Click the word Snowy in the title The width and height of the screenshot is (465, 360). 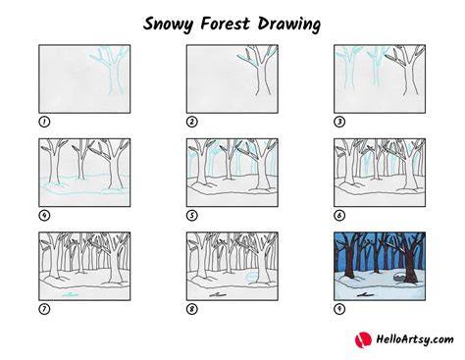(169, 25)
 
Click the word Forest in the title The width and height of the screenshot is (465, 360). (225, 24)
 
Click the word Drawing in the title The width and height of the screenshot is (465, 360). (289, 25)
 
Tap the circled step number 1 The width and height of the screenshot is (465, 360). (44, 122)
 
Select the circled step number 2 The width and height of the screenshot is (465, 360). (192, 122)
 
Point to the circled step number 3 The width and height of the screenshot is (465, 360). (339, 122)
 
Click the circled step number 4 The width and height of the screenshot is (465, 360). (44, 216)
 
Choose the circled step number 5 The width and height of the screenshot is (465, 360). (192, 216)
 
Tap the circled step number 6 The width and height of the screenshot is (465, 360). (339, 216)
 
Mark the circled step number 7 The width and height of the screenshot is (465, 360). (44, 309)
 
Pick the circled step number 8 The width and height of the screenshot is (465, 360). (192, 309)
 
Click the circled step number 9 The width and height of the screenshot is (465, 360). (339, 309)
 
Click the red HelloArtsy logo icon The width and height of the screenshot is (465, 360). (363, 339)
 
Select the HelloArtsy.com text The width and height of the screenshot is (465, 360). (415, 339)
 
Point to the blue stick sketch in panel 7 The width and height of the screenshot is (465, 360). (70, 295)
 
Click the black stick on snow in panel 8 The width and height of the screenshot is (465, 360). (218, 295)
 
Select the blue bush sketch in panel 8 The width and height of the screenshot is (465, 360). (251, 277)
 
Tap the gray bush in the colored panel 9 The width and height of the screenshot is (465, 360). (399, 278)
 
